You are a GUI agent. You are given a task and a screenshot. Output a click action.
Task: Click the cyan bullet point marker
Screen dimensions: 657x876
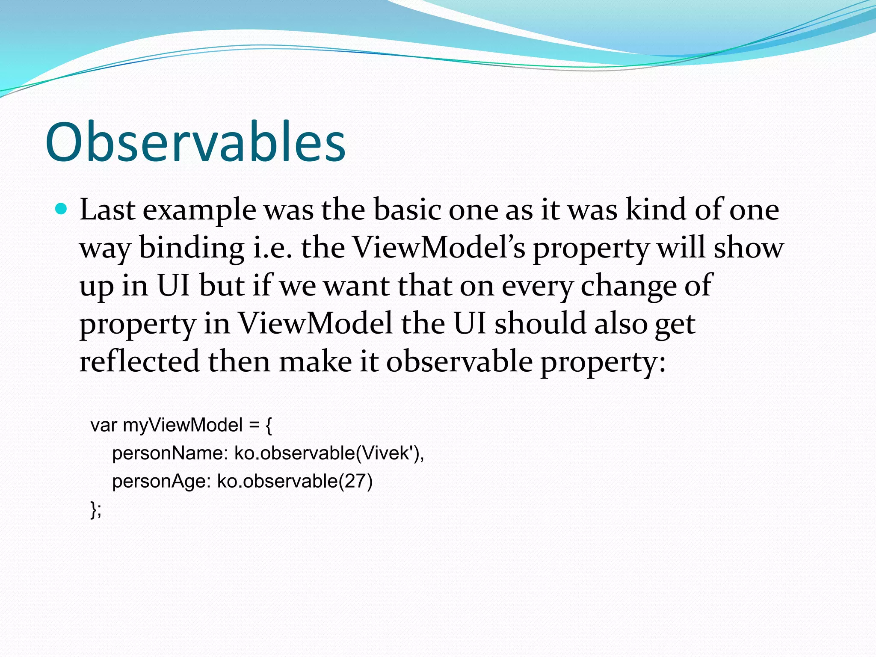tap(62, 209)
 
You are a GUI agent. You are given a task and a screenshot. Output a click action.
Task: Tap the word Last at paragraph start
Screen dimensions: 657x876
tap(107, 210)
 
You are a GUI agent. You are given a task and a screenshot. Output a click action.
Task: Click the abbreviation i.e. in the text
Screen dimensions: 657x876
tap(272, 248)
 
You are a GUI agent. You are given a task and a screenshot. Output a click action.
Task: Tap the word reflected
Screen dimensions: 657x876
tap(139, 361)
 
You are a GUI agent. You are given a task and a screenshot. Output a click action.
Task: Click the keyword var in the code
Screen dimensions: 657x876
tap(104, 425)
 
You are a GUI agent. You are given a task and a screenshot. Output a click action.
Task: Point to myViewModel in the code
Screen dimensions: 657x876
tap(183, 426)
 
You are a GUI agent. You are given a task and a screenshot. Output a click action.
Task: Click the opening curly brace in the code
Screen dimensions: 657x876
tap(268, 426)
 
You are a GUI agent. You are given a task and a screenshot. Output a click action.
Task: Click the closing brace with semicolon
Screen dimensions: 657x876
tap(96, 509)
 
